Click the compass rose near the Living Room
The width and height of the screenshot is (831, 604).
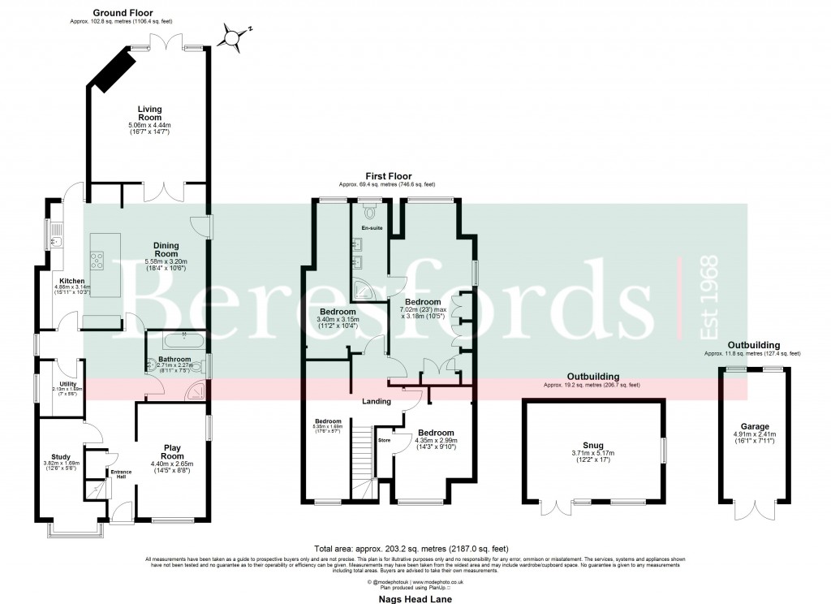click(233, 37)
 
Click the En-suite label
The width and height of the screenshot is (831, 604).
click(371, 228)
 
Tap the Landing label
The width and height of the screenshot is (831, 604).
click(377, 401)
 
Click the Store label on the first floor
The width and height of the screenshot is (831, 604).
click(385, 441)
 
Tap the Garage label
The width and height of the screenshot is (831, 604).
click(754, 426)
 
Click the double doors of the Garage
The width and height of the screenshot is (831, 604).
click(754, 511)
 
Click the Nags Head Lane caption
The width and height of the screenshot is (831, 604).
click(415, 598)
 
